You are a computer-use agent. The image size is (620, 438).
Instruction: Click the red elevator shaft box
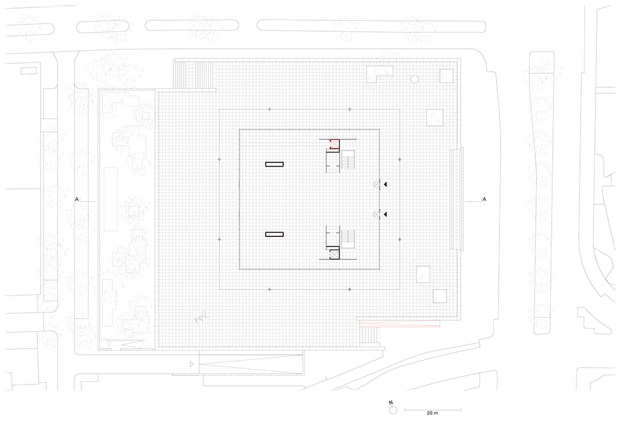point(335,144)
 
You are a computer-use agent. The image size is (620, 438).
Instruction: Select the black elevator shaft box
point(335,255)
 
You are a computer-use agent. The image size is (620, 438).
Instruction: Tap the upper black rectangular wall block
point(274,165)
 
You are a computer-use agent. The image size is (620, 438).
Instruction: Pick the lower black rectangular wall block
point(274,235)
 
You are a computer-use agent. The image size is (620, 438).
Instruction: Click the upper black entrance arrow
point(385,184)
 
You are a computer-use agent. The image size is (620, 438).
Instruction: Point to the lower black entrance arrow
point(385,215)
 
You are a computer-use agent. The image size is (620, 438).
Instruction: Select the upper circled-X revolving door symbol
point(377,184)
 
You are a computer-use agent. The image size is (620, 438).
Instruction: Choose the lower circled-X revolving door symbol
point(377,215)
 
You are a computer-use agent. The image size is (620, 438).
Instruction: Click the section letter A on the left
point(77,200)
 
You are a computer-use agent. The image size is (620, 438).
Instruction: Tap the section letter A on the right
point(484,200)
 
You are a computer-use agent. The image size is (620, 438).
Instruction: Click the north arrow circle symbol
point(392,410)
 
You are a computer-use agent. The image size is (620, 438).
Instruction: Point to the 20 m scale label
point(432,414)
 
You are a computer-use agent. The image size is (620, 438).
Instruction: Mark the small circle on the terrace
point(415,79)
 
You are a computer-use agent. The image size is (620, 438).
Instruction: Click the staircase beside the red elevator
point(348,160)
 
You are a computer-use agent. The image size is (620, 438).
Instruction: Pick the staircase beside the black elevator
point(348,239)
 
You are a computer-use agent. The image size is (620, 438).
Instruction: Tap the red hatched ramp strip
point(400,325)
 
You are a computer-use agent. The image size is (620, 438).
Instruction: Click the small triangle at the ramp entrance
point(192,364)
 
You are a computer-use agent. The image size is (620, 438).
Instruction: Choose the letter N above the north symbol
point(391,403)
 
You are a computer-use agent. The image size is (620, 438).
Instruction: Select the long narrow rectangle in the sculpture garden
point(110,200)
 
